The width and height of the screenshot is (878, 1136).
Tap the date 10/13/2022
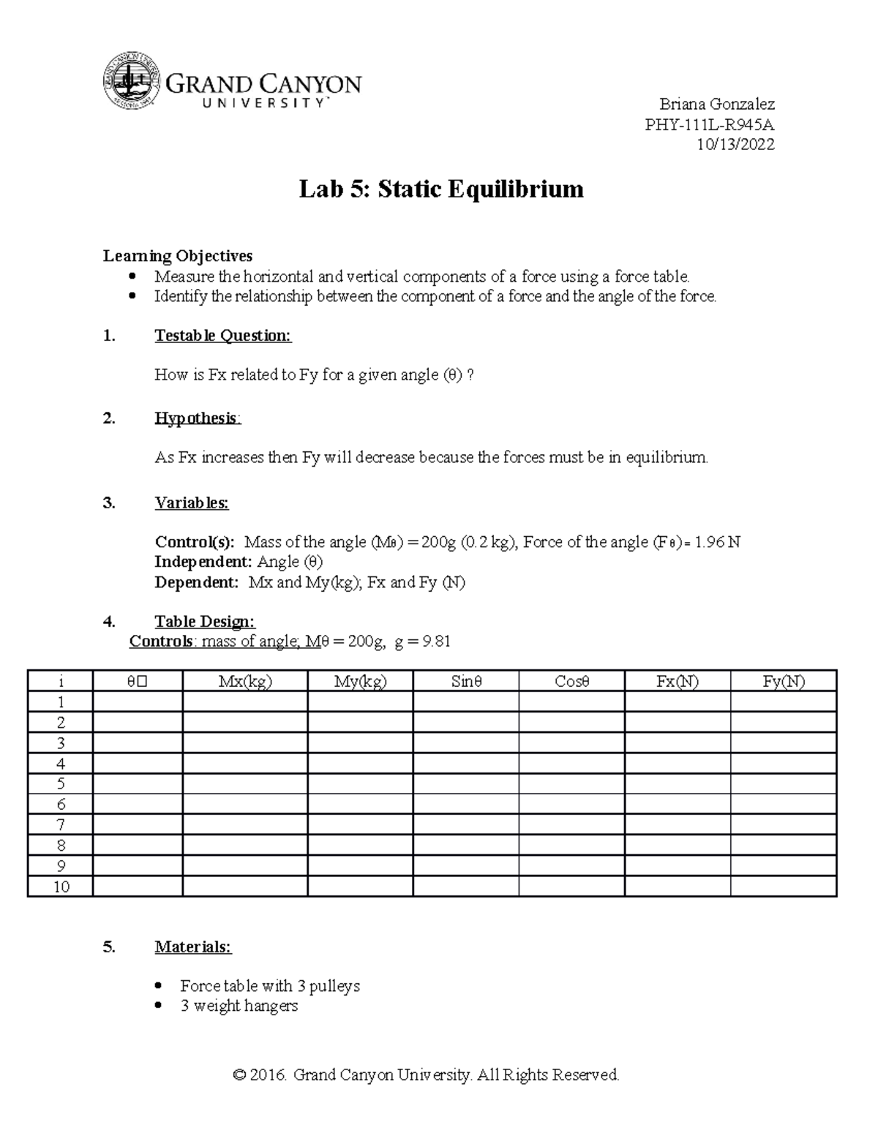click(x=735, y=145)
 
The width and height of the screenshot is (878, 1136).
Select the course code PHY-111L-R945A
click(x=709, y=124)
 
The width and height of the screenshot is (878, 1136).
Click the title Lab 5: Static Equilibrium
click(x=441, y=189)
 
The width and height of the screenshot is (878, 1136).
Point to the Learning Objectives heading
click(x=178, y=256)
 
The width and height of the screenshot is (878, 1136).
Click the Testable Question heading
click(x=222, y=336)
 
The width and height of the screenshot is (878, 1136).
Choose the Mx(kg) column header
click(x=245, y=682)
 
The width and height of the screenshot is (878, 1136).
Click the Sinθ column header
click(x=466, y=682)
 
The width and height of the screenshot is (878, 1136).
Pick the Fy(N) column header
click(x=783, y=682)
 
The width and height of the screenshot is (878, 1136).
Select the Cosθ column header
click(x=571, y=682)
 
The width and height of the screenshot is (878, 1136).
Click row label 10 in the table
click(x=61, y=887)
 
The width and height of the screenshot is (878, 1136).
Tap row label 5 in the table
click(x=61, y=784)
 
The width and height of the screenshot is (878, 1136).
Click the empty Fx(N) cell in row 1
click(x=677, y=702)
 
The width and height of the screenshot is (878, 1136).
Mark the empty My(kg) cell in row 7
click(x=360, y=825)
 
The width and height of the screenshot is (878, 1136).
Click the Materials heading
click(x=193, y=947)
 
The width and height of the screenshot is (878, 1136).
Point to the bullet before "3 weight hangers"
click(x=160, y=1007)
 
